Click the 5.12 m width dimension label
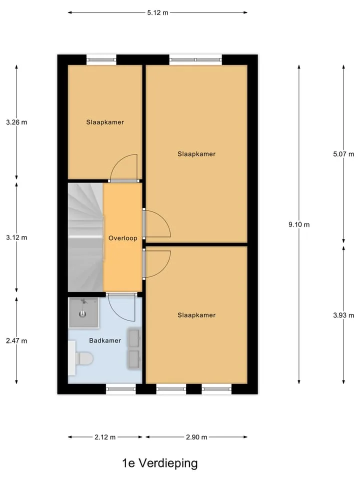pyautogui.click(x=157, y=12)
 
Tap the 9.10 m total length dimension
pyautogui.click(x=299, y=224)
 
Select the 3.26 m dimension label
pyautogui.click(x=16, y=122)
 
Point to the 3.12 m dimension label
pyautogui.click(x=16, y=237)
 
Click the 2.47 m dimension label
pyautogui.click(x=16, y=340)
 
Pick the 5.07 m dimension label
pyautogui.click(x=343, y=154)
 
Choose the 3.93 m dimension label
pyautogui.click(x=343, y=315)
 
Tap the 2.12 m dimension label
pyautogui.click(x=105, y=437)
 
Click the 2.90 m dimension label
pyautogui.click(x=196, y=437)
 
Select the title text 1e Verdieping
pyautogui.click(x=160, y=463)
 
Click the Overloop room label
pyautogui.click(x=123, y=238)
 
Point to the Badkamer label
pyautogui.click(x=105, y=340)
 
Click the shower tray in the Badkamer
pyautogui.click(x=83, y=312)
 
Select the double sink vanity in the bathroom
pyautogui.click(x=134, y=348)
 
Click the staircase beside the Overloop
pyautogui.click(x=85, y=237)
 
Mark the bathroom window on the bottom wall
pyautogui.click(x=121, y=389)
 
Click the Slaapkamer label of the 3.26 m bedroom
pyautogui.click(x=105, y=122)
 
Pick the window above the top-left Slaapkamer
pyautogui.click(x=101, y=59)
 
